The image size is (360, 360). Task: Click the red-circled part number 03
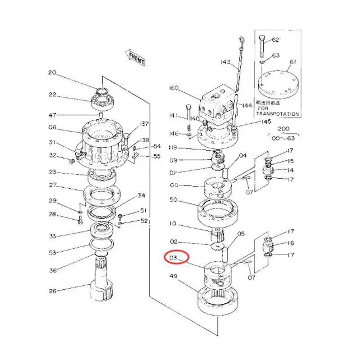coord(174,258)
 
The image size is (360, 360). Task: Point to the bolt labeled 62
coord(263,45)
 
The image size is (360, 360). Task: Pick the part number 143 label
coord(225,62)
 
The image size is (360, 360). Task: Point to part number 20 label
coord(53,73)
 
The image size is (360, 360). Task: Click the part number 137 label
coord(132,124)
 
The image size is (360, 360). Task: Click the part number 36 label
coord(53,270)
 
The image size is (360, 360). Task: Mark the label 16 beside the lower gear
coord(291,243)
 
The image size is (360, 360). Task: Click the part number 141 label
coord(174,116)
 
